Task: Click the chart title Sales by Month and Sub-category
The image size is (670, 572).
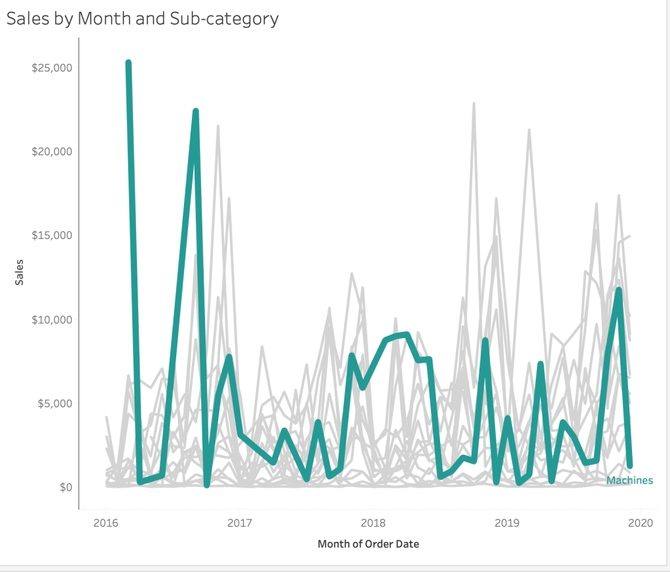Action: click(x=142, y=18)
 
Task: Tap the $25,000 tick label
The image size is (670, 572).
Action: click(x=52, y=67)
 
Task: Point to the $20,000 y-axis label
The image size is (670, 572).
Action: click(x=52, y=151)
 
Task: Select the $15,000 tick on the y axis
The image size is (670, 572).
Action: click(x=52, y=235)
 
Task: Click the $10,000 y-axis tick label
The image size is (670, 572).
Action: click(x=52, y=319)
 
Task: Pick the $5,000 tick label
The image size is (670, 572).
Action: click(x=54, y=403)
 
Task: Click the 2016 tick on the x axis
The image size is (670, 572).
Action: click(x=105, y=523)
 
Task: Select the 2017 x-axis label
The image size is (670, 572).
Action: click(x=239, y=523)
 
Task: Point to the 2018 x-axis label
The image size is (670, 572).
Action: click(x=373, y=523)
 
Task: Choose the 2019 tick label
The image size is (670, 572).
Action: click(x=507, y=523)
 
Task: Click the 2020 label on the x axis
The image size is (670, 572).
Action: click(x=641, y=523)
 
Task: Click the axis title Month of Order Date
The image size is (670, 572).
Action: click(x=368, y=544)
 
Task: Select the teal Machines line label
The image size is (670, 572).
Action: click(x=629, y=480)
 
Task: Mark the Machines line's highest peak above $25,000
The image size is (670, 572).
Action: click(x=128, y=63)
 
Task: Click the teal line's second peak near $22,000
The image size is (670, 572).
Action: click(x=195, y=112)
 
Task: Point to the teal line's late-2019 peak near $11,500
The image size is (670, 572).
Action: click(x=618, y=290)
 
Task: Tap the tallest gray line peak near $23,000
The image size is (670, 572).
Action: click(x=474, y=103)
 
